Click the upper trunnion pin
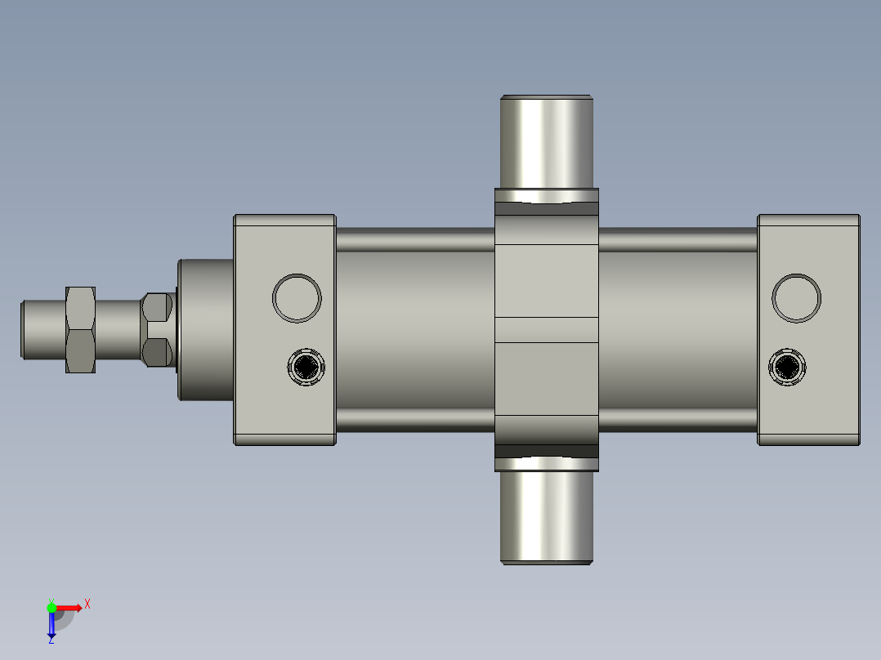pyautogui.click(x=546, y=140)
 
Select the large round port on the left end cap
pyautogui.click(x=297, y=297)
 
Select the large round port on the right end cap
pyautogui.click(x=796, y=297)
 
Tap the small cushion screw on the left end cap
pyautogui.click(x=306, y=367)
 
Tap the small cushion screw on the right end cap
pyautogui.click(x=788, y=367)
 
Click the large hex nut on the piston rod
pyautogui.click(x=80, y=329)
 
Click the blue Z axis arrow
pyautogui.click(x=51, y=626)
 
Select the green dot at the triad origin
pyautogui.click(x=51, y=607)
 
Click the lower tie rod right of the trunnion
pyautogui.click(x=678, y=419)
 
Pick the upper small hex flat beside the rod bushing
pyautogui.click(x=156, y=307)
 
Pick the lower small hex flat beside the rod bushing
pyautogui.click(x=156, y=352)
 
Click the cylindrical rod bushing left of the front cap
pyautogui.click(x=206, y=329)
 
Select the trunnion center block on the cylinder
pyautogui.click(x=546, y=329)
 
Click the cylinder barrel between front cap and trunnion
pyautogui.click(x=414, y=329)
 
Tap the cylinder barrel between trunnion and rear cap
pyautogui.click(x=678, y=329)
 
